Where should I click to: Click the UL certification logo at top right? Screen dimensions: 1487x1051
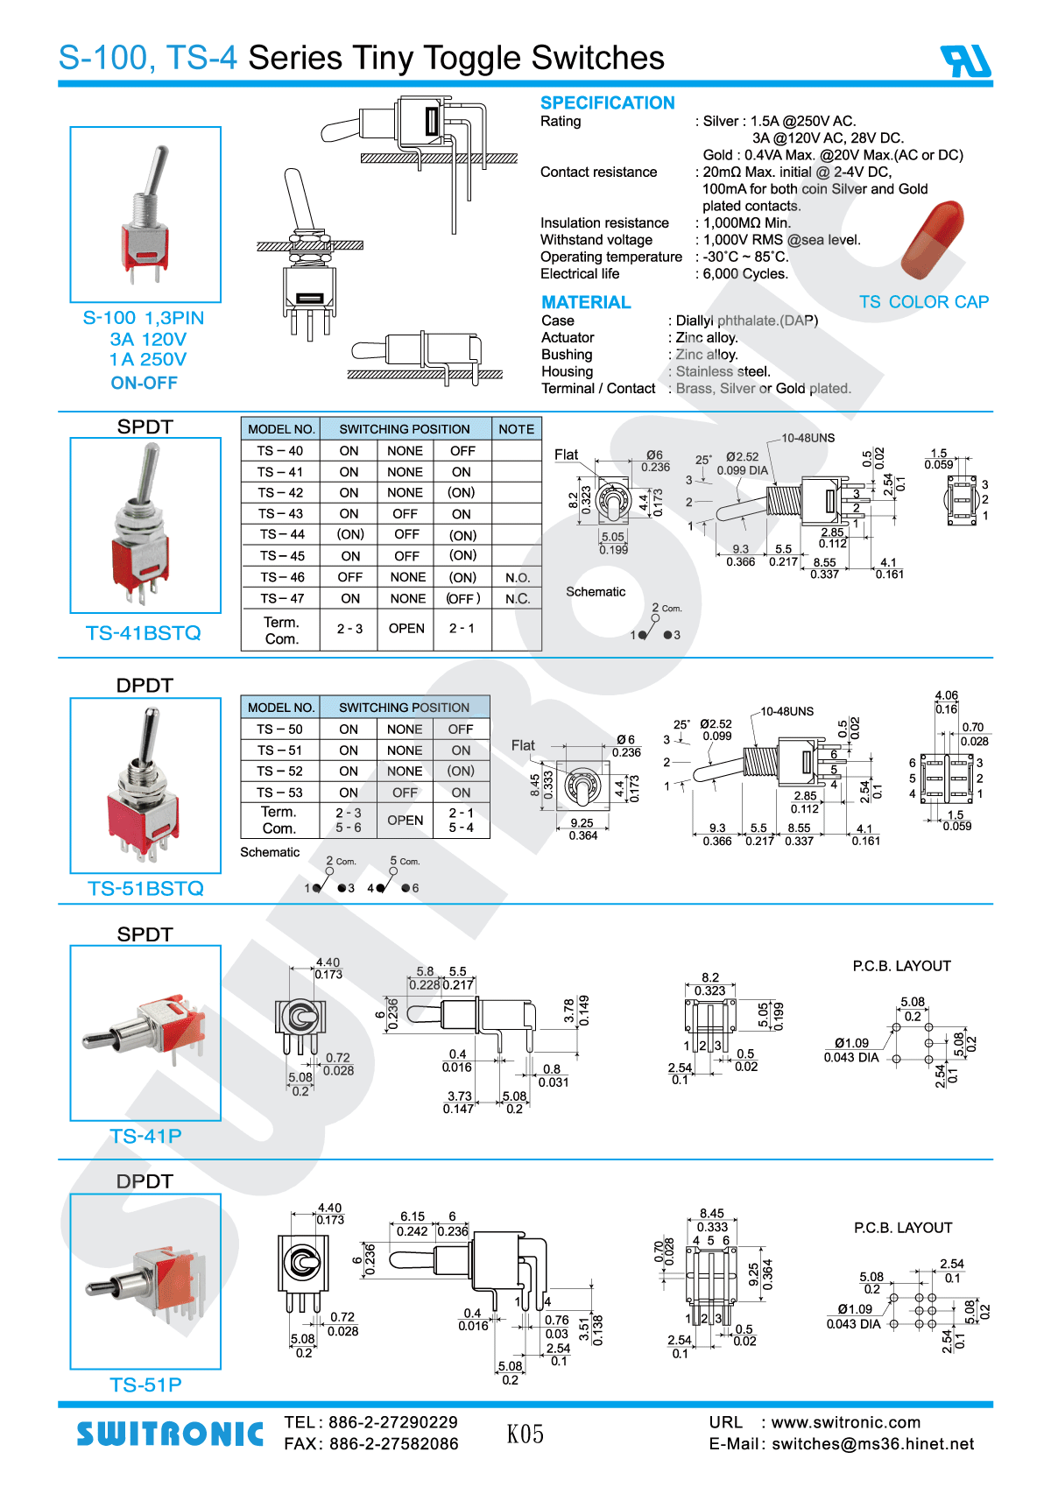(965, 60)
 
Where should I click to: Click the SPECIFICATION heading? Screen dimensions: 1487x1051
(607, 102)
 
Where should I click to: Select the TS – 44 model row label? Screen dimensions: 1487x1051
(281, 534)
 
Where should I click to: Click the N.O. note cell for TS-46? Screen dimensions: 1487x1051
(517, 578)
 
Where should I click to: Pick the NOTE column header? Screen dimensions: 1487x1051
(516, 429)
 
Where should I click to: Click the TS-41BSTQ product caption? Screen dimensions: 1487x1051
(144, 632)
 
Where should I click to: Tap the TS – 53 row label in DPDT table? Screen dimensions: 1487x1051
(279, 793)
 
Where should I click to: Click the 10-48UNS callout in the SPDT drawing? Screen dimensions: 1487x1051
(808, 438)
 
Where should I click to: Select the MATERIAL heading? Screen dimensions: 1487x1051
(586, 302)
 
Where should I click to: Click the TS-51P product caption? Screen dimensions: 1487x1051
(145, 1385)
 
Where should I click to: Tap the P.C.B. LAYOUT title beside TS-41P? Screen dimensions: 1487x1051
(901, 966)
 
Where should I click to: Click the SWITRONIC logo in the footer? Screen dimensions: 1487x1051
(170, 1434)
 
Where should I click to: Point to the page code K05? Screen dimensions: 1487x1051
(525, 1434)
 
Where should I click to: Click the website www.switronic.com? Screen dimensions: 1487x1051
(845, 1422)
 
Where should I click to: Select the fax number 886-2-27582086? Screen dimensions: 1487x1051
(393, 1444)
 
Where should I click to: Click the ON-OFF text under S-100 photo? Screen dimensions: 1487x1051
(144, 383)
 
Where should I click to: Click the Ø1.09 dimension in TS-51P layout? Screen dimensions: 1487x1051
(855, 1309)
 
